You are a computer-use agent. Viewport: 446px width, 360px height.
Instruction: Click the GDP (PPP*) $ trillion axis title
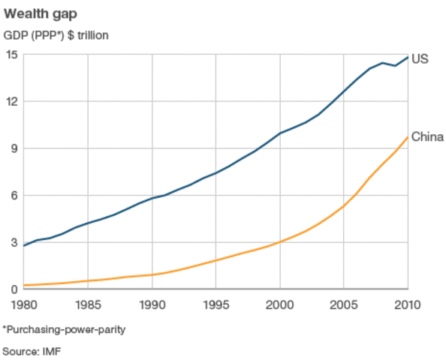[x=56, y=34]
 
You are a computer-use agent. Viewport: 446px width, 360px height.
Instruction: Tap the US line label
[x=421, y=58]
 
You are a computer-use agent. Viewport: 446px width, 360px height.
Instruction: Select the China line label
[x=428, y=136]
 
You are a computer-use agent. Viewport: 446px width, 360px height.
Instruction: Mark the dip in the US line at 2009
[x=395, y=66]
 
